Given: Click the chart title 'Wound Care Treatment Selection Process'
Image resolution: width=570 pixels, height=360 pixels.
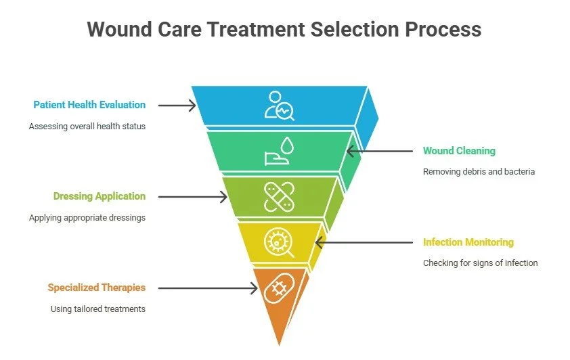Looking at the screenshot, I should coord(284,30).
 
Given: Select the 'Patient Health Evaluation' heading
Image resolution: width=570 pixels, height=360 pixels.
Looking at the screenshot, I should coord(89,105).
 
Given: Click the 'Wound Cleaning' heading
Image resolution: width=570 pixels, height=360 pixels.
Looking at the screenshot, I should coord(459,151).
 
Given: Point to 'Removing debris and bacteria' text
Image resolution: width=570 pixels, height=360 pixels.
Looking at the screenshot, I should coord(479,172).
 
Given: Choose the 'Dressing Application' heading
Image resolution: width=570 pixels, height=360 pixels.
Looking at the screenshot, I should coord(100,196).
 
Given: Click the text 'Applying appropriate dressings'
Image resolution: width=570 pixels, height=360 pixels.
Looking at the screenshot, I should coord(87,218).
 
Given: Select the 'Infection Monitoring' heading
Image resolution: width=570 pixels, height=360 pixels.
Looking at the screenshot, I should coord(468,242).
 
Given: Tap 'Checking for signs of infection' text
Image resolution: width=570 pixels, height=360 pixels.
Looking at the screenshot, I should coord(480,263).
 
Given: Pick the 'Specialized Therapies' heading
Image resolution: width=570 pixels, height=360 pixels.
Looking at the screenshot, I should coord(96,288).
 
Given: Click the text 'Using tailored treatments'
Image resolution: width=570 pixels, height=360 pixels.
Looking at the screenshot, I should coord(98,309).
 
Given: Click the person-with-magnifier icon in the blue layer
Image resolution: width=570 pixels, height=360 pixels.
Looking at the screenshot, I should coord(280,106).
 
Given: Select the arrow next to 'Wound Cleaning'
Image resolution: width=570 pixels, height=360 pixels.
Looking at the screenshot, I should coord(379,151).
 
